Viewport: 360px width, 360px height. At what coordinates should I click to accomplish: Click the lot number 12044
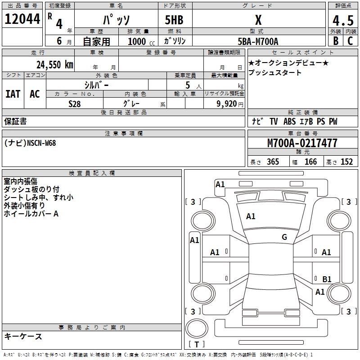click(22, 19)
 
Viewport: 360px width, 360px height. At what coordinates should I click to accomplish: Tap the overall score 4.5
click(342, 21)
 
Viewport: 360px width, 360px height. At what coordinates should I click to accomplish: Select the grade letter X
click(258, 20)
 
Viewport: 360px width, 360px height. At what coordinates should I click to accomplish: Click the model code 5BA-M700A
click(258, 41)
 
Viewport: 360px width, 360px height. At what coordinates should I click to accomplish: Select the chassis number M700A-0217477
click(302, 144)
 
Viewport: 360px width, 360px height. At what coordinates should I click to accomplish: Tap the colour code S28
click(75, 103)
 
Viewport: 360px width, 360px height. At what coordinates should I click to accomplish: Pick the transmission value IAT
click(13, 94)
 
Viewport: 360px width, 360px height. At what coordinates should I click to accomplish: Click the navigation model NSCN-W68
click(41, 143)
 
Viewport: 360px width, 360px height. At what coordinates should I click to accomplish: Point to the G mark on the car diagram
click(284, 237)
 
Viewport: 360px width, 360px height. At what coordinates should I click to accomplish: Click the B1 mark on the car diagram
click(327, 279)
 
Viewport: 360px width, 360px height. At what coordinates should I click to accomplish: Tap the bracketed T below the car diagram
click(197, 345)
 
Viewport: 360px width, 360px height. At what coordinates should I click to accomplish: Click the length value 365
click(273, 162)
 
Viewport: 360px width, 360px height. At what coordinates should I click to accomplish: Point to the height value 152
click(346, 162)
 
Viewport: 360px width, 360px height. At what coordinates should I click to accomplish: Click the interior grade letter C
click(350, 41)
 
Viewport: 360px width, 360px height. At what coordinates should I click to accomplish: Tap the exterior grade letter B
click(335, 41)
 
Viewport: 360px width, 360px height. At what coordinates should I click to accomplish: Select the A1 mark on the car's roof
click(251, 216)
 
